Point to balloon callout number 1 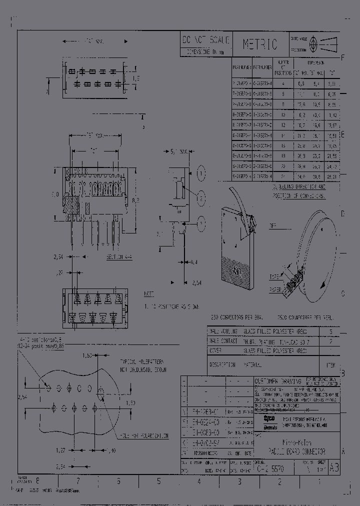(x=200, y=174)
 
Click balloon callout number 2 (x=200, y=197)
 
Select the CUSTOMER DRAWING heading (x=277, y=380)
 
